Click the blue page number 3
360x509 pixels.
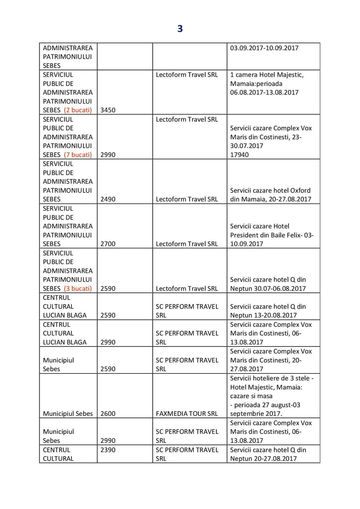pos(180,29)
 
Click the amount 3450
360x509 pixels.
pos(108,110)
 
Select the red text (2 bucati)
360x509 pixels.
pos(78,110)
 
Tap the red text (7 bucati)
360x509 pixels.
pos(78,155)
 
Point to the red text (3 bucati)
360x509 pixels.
pos(78,289)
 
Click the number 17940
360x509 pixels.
pos(239,155)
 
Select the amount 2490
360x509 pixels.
pos(108,199)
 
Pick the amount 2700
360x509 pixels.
pos(108,244)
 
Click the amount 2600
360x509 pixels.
pos(108,414)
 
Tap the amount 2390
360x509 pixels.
pos(108,450)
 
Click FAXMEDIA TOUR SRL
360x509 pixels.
pos(187,414)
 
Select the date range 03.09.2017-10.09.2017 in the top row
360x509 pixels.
pos(264,48)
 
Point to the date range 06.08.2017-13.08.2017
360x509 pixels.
pos(264,92)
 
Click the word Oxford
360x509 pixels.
pos(300,190)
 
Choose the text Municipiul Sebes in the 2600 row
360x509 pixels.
pos(68,414)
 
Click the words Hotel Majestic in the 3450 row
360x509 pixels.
pos(284,75)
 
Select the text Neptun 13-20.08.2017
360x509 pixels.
pos(263,315)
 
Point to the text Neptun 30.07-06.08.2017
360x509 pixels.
pos(268,289)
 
